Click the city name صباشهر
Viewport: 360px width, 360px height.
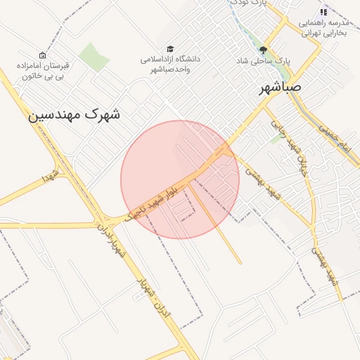[280, 88]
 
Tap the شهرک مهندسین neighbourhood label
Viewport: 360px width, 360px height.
[74, 114]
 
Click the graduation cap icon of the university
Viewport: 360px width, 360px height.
[170, 48]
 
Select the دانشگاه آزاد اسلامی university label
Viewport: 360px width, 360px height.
[169, 64]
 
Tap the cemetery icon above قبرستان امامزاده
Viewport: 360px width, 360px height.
[42, 55]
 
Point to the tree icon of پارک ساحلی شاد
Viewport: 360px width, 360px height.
[264, 50]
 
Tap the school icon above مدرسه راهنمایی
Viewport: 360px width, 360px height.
[323, 12]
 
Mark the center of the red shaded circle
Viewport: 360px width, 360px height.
[180, 179]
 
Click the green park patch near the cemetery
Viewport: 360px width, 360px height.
[93, 57]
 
